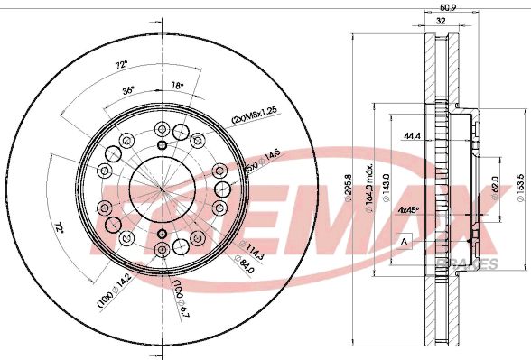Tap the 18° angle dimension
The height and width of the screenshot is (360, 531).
[x=178, y=85]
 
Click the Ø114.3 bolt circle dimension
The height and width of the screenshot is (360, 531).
[x=254, y=255]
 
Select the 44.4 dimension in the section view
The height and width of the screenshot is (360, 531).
[x=412, y=135]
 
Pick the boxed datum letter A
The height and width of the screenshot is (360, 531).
[x=405, y=240]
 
